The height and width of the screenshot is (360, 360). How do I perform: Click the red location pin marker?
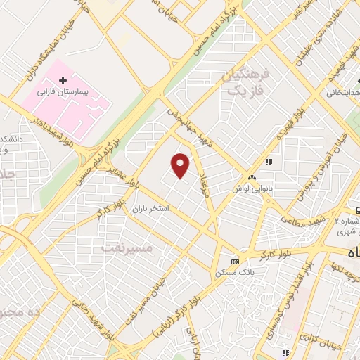[x=181, y=165]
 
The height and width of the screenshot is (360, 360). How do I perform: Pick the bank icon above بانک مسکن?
[x=234, y=262]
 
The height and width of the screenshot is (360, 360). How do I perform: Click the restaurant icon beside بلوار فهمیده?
[x=268, y=162]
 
